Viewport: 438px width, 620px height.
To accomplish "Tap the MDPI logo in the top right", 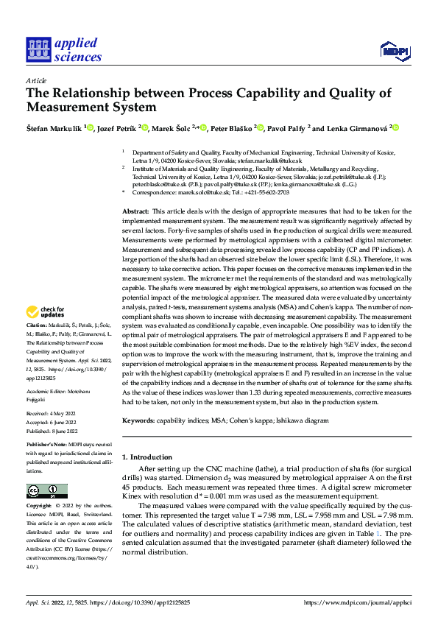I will [394, 49].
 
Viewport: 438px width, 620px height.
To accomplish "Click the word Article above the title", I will [36, 80].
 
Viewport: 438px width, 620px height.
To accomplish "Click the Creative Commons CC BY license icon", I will [46, 492].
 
